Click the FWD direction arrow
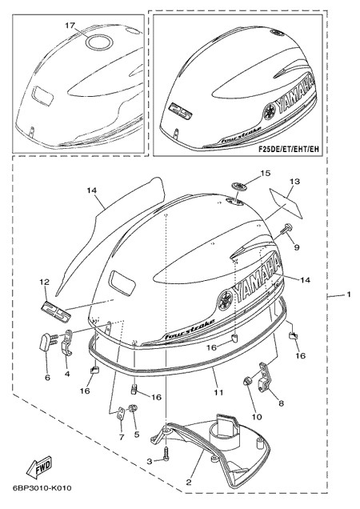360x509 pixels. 39,468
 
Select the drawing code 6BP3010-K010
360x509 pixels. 42,488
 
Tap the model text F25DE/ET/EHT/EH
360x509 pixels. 289,149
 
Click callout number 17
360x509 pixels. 70,26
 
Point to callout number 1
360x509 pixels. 349,295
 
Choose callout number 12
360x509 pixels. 45,282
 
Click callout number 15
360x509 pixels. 266,173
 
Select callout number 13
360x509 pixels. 295,182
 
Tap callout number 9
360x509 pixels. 288,247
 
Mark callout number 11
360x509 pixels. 218,392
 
